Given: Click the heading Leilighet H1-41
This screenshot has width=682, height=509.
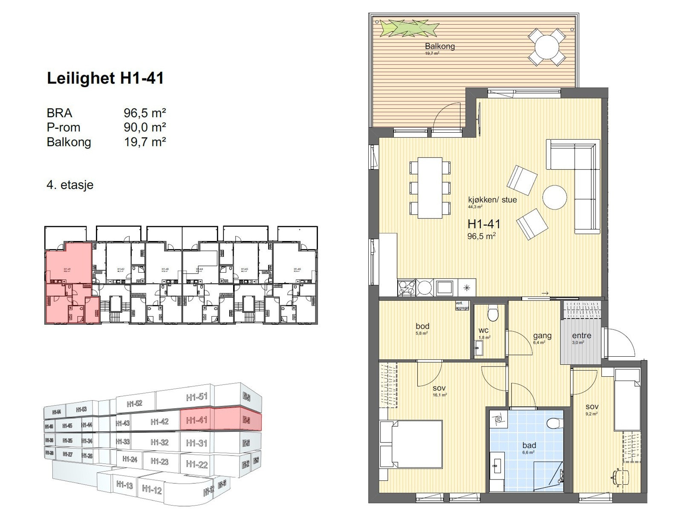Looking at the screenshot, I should pos(105,79).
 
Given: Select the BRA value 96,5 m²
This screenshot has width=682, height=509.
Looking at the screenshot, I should pos(144,113).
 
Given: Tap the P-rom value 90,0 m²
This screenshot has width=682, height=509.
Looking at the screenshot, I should pos(144,127).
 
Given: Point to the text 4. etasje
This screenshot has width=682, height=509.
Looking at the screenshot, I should pos(70,185).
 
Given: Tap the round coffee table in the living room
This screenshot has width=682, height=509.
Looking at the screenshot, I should pos(555,197).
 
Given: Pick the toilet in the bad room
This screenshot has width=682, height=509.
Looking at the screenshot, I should pos(554,424).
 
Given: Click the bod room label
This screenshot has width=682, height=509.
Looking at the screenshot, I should pos(422,326).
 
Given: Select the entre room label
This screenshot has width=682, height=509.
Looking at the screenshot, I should pos(581,336).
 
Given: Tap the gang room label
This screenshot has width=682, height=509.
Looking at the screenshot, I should pos(542,336).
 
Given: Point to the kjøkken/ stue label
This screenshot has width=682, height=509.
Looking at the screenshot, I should pos(492,200).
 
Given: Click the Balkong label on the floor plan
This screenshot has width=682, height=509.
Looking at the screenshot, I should pos(439,46).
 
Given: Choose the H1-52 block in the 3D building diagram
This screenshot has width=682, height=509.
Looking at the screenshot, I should pos(135,403).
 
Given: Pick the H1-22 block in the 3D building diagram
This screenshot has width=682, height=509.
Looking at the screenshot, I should pos(197,464).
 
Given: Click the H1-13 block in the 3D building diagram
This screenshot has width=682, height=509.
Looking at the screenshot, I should pos(124,485).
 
